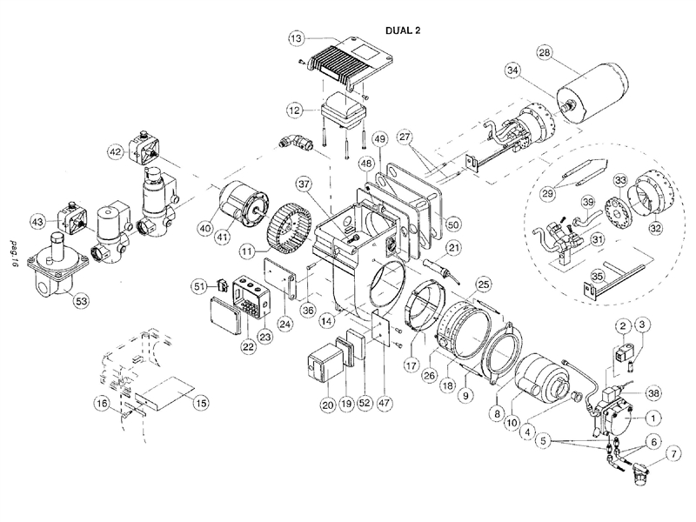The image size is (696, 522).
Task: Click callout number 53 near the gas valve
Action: [81, 301]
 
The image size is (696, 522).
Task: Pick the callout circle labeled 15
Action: [200, 403]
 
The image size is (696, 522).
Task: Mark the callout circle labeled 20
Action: [327, 404]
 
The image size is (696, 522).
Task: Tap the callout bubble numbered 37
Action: [302, 184]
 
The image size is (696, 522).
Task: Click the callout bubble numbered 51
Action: [199, 286]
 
